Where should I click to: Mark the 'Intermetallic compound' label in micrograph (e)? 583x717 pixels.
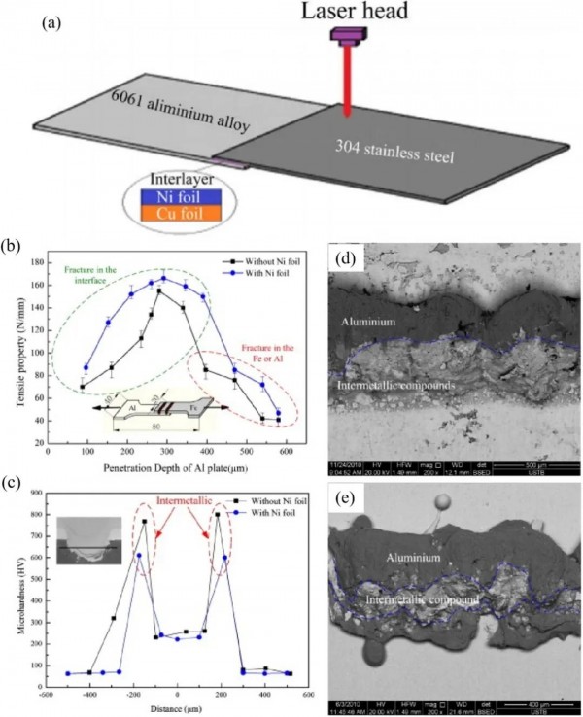tap(420, 601)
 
